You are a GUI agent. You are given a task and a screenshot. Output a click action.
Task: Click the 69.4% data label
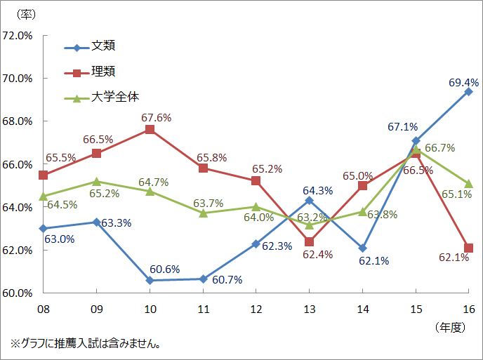click(x=459, y=82)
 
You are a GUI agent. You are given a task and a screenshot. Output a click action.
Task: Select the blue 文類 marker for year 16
click(x=469, y=91)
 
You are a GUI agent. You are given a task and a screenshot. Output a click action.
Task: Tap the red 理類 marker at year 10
click(x=150, y=129)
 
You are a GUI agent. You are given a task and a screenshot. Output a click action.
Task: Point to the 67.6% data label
click(x=155, y=118)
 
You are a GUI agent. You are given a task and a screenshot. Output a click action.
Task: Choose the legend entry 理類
click(x=103, y=72)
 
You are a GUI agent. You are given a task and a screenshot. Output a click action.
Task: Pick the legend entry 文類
click(x=103, y=46)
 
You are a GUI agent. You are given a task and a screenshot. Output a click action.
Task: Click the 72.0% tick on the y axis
click(x=18, y=36)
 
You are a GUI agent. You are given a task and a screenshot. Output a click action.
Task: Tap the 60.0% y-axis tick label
click(x=18, y=293)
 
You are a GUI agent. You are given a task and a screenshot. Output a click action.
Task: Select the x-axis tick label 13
click(x=309, y=308)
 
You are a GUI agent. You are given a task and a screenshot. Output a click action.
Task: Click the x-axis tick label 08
click(x=44, y=308)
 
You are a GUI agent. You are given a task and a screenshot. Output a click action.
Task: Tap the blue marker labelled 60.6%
click(x=150, y=280)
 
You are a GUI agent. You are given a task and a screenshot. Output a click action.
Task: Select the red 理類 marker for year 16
click(x=469, y=248)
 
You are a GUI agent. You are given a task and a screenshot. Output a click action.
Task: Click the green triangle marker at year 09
click(x=97, y=182)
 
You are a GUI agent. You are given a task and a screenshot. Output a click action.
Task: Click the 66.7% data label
click(x=440, y=147)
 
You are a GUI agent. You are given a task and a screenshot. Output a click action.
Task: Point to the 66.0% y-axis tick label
click(x=18, y=164)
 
